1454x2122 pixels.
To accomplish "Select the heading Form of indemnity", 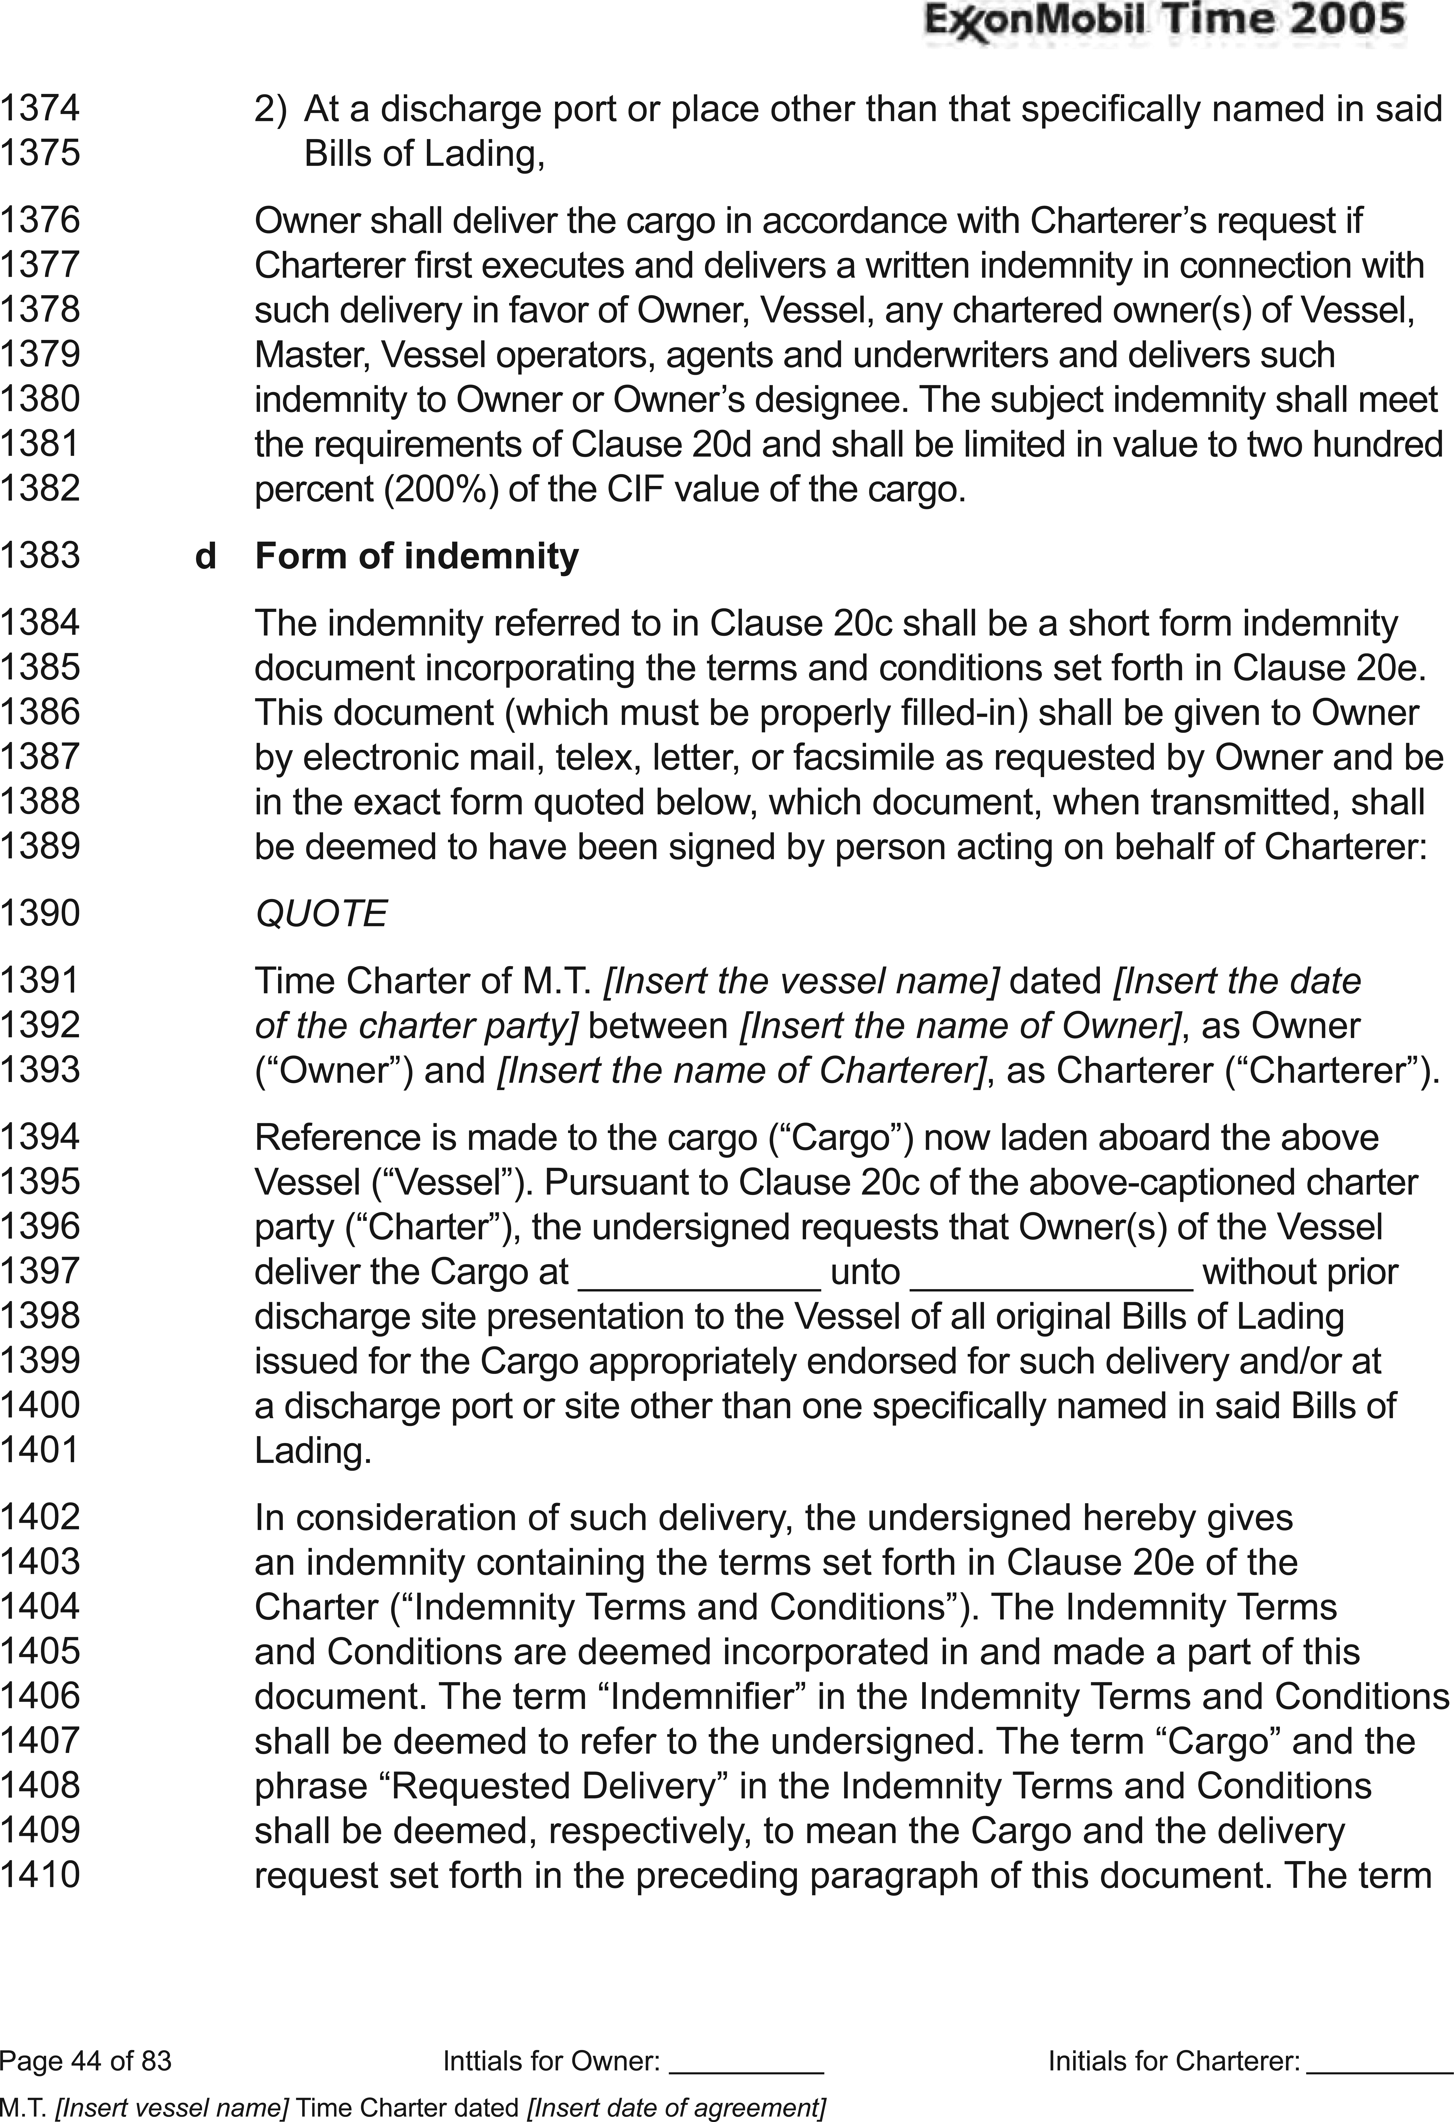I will tap(417, 556).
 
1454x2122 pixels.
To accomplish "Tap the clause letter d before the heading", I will tap(206, 556).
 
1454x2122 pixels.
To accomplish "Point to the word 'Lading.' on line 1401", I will tap(312, 1451).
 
